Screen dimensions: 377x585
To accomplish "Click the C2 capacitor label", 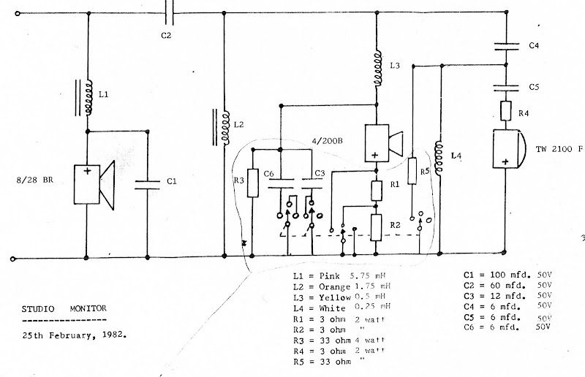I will pyautogui.click(x=166, y=36).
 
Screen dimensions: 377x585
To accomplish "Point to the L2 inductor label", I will pyautogui.click(x=238, y=125).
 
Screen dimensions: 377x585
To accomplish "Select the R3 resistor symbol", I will pyautogui.click(x=252, y=183).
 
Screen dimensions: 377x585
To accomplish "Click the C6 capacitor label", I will pyautogui.click(x=269, y=172).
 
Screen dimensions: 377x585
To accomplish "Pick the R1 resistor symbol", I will pyautogui.click(x=376, y=191).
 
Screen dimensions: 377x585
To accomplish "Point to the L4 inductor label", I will pyautogui.click(x=457, y=156).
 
